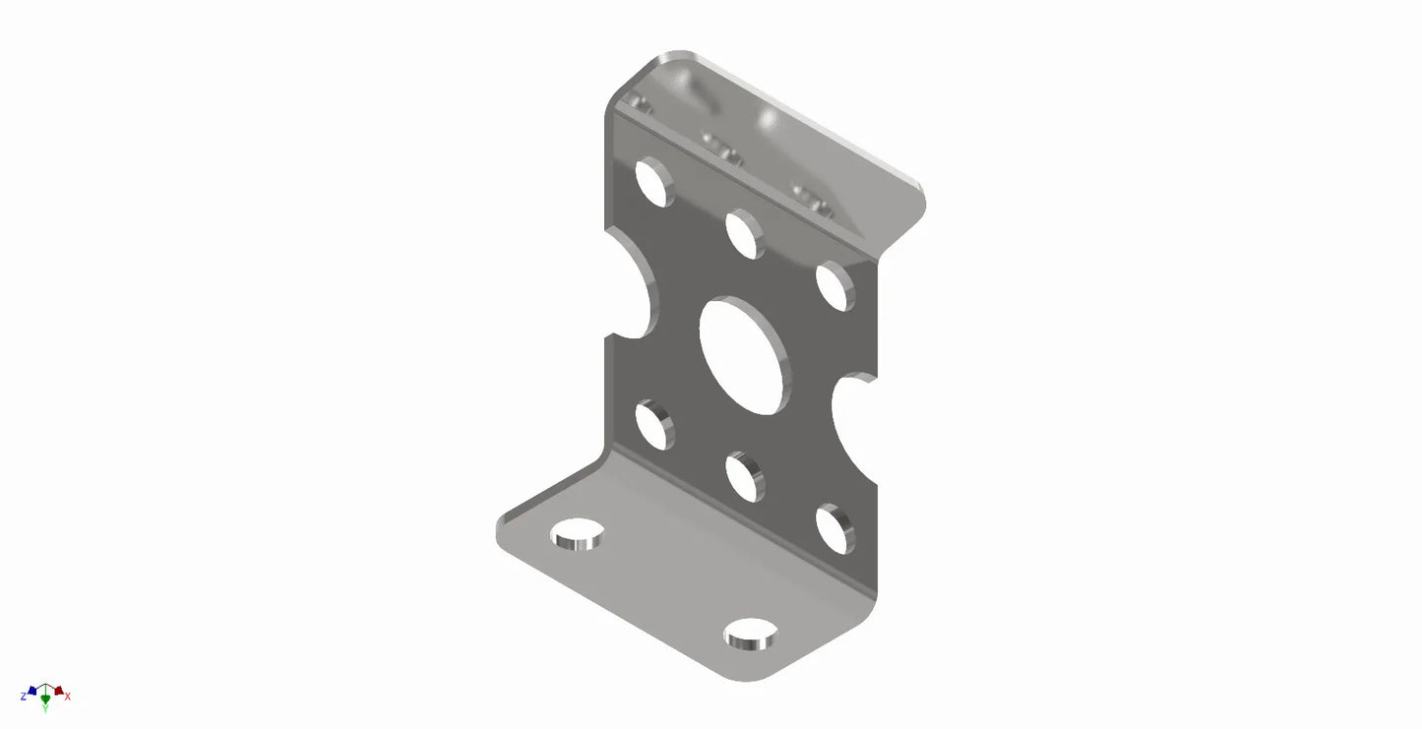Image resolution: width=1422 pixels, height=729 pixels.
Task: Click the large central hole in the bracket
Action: pos(744,355)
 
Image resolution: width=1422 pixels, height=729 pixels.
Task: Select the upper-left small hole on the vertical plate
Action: pos(653,183)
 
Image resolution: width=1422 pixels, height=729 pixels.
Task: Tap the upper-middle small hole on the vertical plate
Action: pos(744,234)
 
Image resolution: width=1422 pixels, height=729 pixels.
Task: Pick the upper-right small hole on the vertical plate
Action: pos(834,286)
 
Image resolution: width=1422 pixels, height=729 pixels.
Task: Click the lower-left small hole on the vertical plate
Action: pos(653,425)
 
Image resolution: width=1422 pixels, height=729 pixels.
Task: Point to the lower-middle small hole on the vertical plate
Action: pos(744,476)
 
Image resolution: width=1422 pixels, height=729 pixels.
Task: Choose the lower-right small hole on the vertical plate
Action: pos(834,528)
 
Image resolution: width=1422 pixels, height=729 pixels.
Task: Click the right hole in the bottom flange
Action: pos(751,635)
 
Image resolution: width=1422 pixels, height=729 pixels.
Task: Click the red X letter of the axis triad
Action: pos(68,697)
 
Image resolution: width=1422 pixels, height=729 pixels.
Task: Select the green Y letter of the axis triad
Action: pos(45,707)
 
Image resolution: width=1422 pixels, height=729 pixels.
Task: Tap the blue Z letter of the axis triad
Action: pos(23,697)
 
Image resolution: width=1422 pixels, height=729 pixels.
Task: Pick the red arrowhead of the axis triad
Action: pos(58,691)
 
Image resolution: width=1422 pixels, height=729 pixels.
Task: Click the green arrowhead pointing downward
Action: pos(45,699)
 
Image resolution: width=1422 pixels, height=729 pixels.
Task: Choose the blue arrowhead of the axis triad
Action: pos(32,691)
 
